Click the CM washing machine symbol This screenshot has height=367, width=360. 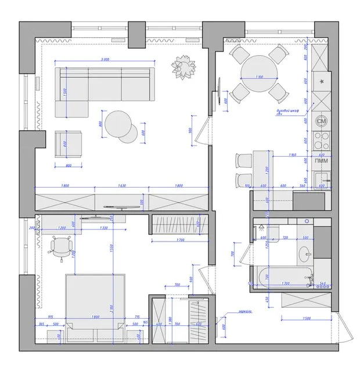tap(322, 121)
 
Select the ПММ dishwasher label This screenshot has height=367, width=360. tap(321, 161)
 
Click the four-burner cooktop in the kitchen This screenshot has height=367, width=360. tap(321, 140)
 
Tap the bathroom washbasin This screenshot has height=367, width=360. tap(304, 253)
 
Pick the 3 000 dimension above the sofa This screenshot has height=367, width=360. tap(105, 59)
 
